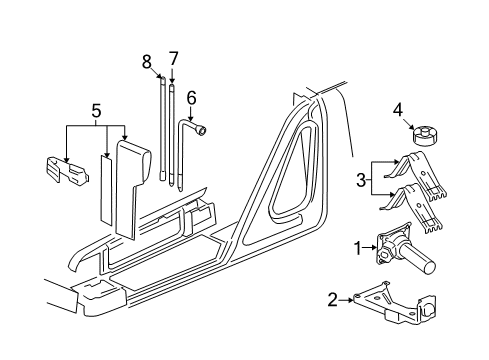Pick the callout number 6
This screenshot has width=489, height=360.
191,97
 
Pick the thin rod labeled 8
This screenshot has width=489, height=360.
160,130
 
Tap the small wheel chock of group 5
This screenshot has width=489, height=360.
64,171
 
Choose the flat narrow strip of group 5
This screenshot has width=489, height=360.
105,190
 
